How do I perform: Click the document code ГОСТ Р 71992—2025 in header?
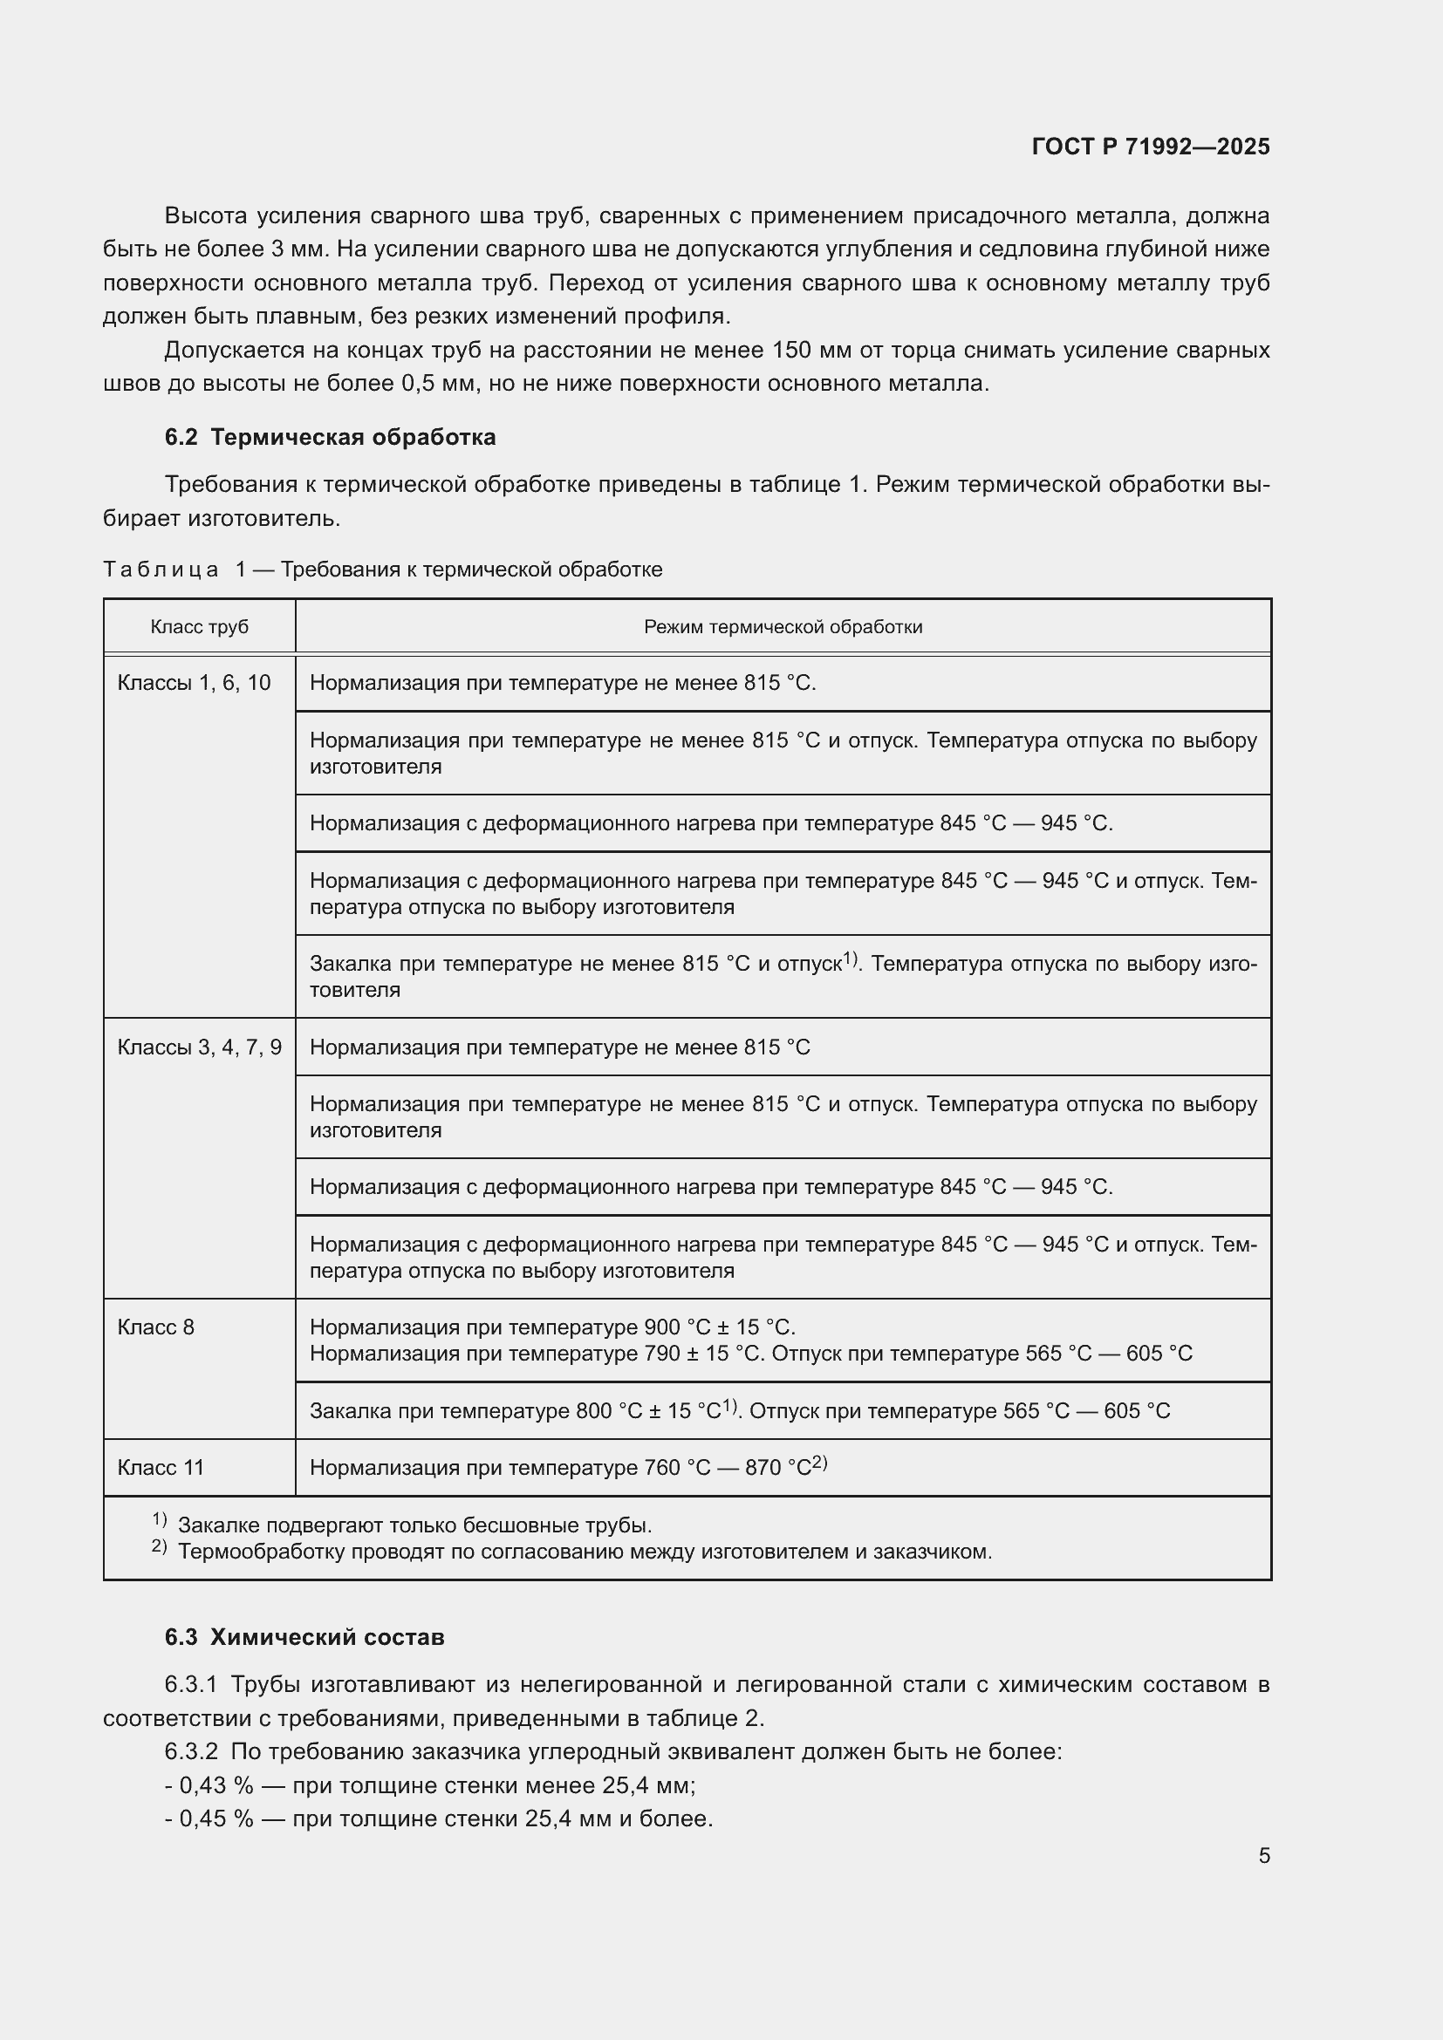pos(1151,147)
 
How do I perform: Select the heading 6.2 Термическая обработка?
pos(330,437)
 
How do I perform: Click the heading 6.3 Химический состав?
pos(304,1636)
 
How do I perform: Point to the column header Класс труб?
pos(199,627)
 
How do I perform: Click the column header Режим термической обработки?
pos(783,627)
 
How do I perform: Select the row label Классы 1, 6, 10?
pos(194,683)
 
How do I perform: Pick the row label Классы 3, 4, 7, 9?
pos(199,1047)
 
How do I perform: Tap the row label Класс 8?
pos(155,1327)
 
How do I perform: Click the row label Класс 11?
pos(160,1468)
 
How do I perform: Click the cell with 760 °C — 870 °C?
pos(569,1468)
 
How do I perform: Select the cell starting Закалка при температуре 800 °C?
pos(739,1411)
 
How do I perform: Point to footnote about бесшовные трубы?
pos(414,1525)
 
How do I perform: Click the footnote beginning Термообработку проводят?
pos(584,1552)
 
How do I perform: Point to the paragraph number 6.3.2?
pos(191,1752)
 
